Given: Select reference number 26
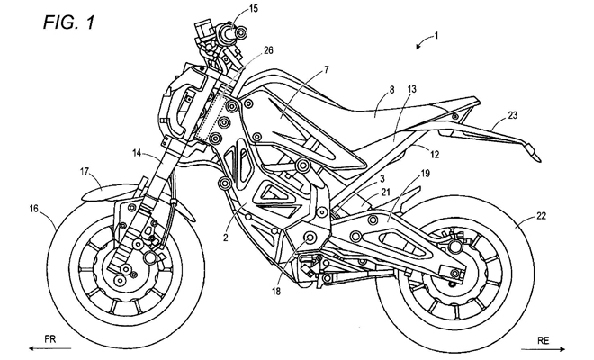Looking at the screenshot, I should [x=269, y=50].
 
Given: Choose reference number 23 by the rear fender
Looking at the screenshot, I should [x=513, y=114].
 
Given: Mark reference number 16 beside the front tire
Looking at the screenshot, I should [x=33, y=208].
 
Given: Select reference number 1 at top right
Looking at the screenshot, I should [x=435, y=36].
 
